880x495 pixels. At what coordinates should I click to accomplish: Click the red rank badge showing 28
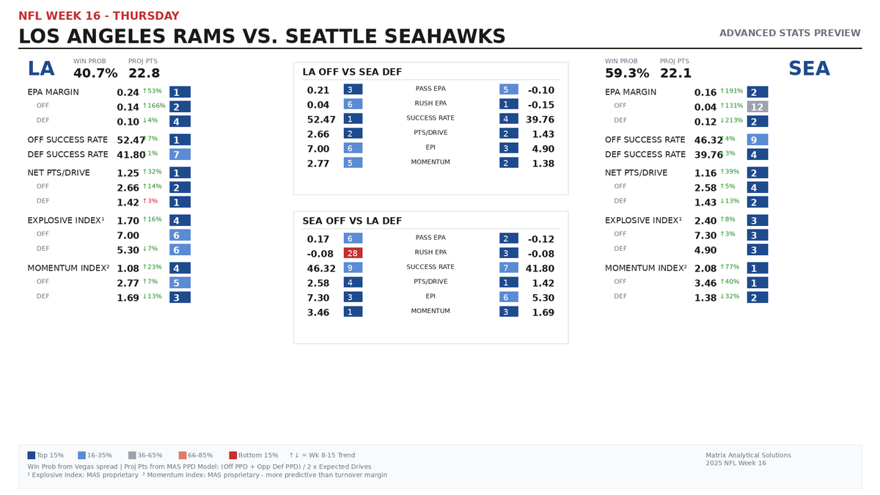click(x=353, y=252)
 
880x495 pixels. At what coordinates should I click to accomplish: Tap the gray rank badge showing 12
click(x=758, y=107)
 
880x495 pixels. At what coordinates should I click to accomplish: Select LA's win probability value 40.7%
click(x=95, y=73)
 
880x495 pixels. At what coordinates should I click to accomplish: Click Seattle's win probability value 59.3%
click(x=627, y=73)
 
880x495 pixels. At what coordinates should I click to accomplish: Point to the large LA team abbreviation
click(x=41, y=69)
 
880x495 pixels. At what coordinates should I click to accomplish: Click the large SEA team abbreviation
click(x=809, y=69)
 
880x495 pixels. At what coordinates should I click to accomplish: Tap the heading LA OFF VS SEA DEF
click(x=352, y=72)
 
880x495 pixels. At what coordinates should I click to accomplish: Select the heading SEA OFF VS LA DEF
click(x=352, y=221)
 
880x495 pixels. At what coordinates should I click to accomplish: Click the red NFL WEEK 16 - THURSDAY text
click(x=98, y=16)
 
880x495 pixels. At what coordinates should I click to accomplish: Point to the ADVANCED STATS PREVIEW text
click(x=790, y=33)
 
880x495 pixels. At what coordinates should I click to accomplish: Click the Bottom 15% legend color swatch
click(x=233, y=455)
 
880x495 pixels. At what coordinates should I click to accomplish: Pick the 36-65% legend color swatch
click(x=132, y=455)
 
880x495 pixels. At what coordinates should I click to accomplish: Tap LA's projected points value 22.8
click(x=144, y=73)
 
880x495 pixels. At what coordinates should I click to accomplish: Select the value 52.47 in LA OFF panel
click(x=321, y=119)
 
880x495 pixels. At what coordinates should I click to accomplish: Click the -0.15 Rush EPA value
click(x=540, y=104)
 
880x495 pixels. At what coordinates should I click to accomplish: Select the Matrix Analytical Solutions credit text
click(x=748, y=455)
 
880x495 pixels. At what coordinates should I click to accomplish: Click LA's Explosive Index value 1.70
click(x=128, y=220)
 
